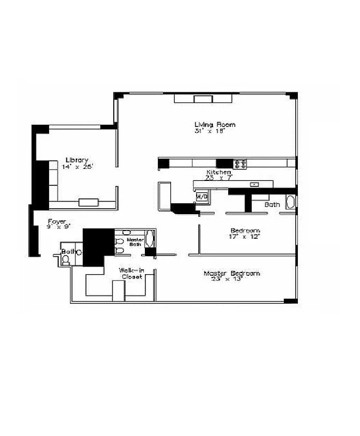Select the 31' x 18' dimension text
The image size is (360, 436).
pyautogui.click(x=209, y=131)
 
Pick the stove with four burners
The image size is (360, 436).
pyautogui.click(x=240, y=163)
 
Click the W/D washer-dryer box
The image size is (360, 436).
pyautogui.click(x=202, y=196)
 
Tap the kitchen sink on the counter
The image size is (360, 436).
pyautogui.click(x=254, y=185)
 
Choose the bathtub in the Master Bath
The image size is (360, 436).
pyautogui.click(x=151, y=240)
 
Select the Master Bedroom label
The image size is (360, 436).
pyautogui.click(x=231, y=273)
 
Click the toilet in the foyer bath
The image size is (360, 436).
pyautogui.click(x=66, y=261)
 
